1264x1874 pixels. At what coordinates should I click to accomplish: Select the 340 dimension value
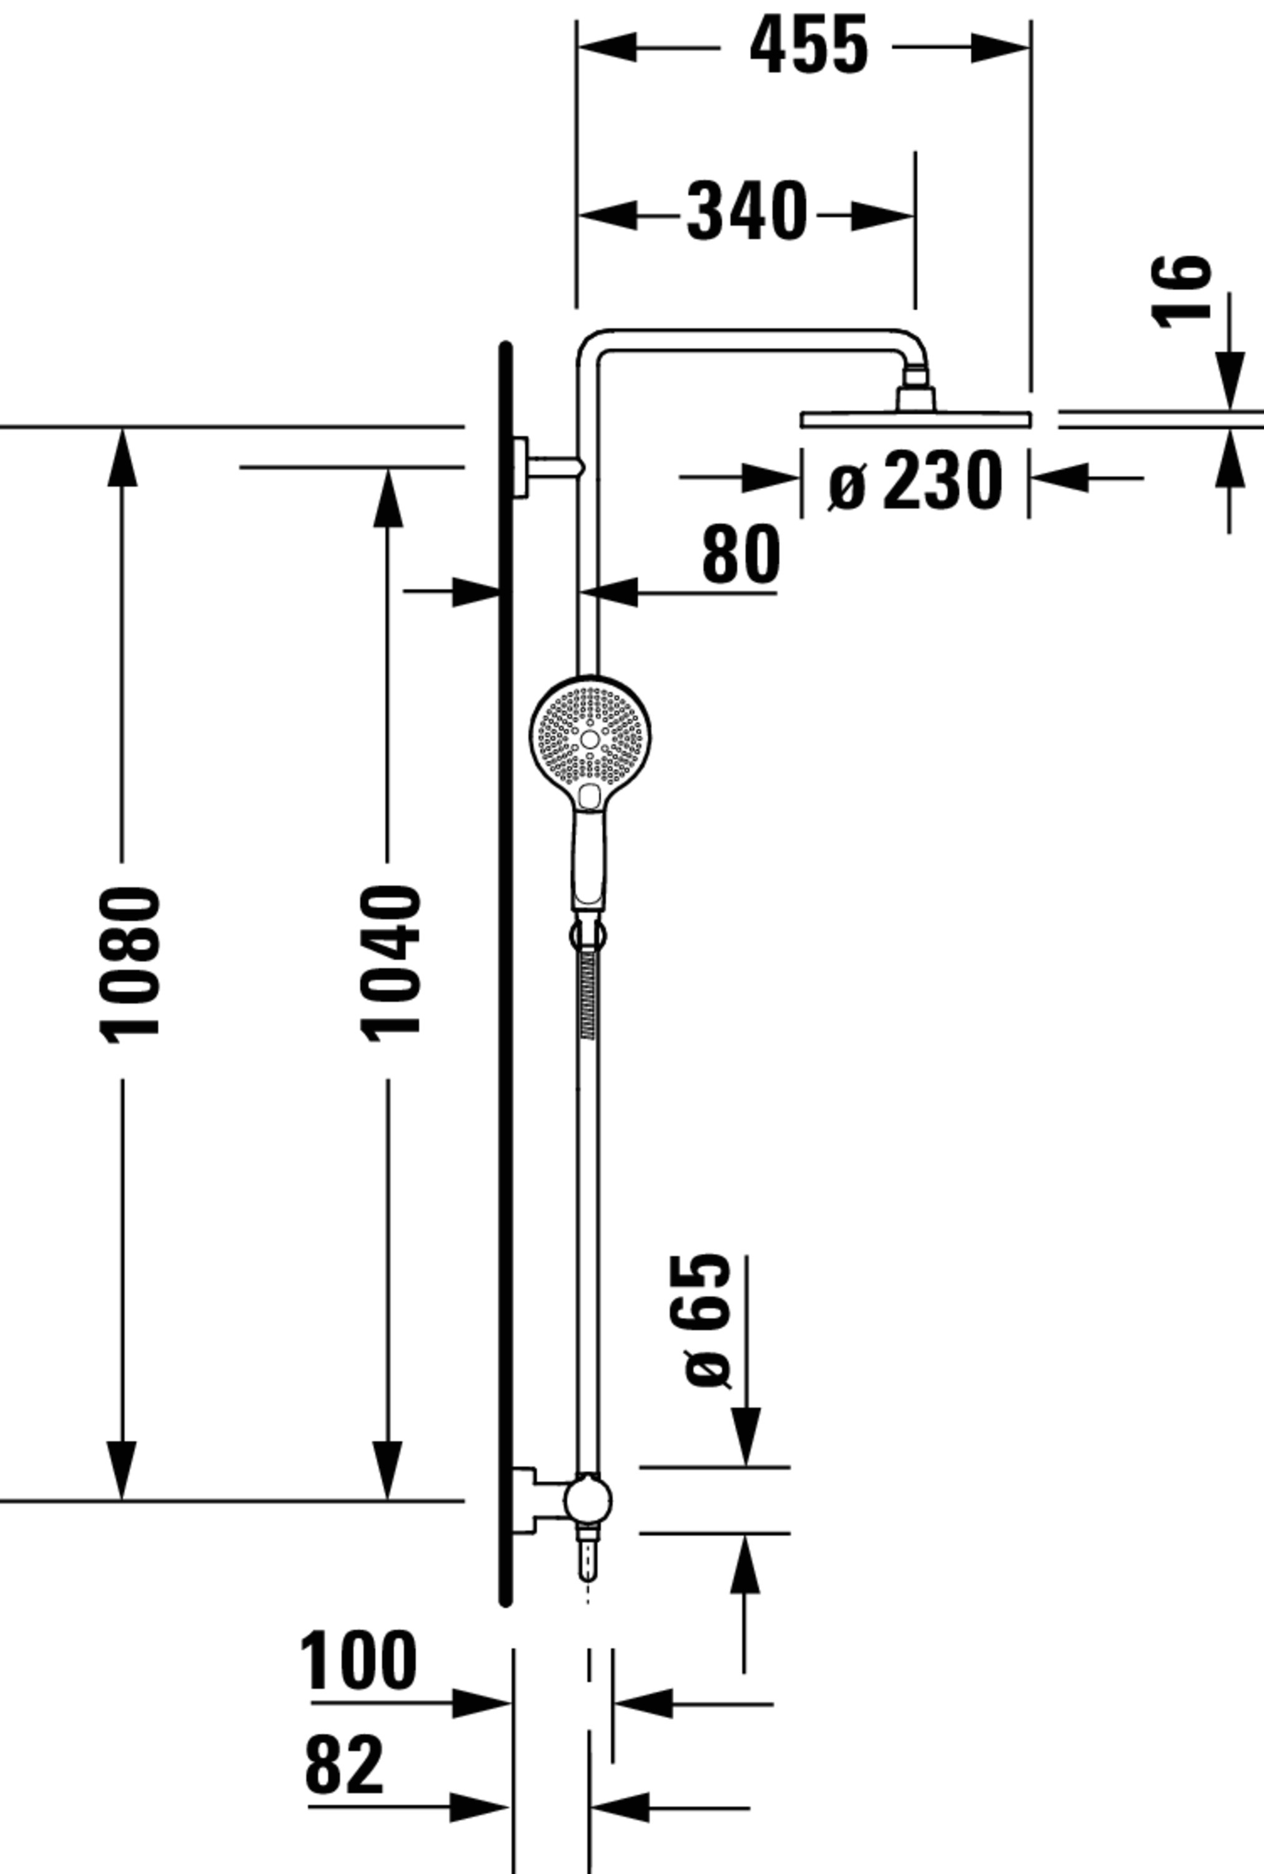tap(746, 213)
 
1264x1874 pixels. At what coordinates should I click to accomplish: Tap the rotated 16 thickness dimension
tap(1181, 292)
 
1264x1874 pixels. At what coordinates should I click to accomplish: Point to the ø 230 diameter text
tap(915, 482)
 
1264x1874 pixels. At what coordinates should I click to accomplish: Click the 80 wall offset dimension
tap(741, 555)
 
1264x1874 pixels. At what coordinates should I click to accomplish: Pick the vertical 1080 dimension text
tap(129, 964)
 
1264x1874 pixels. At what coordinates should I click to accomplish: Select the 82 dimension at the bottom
tap(344, 1766)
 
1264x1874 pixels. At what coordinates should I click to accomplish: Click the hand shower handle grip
tap(590, 860)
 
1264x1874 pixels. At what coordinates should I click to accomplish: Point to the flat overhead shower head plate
tap(915, 419)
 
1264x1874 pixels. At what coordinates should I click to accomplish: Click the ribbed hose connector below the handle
tap(588, 995)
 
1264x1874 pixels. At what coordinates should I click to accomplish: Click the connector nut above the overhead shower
tap(916, 397)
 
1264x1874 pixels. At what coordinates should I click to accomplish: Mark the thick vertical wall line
tap(505, 968)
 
